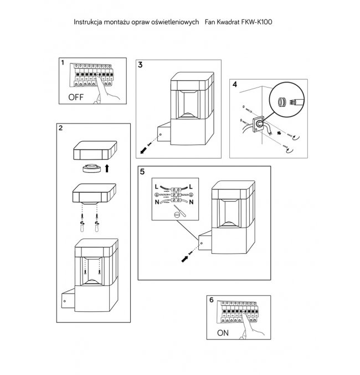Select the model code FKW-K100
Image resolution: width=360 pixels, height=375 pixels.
coord(258,23)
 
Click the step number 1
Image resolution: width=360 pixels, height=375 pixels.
coord(63,64)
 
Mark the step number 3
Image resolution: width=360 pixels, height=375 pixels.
coord(141,65)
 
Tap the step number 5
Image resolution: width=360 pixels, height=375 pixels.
coord(142,172)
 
